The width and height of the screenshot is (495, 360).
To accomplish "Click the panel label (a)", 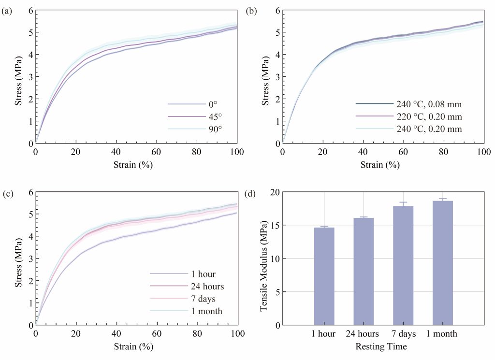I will point(7,12).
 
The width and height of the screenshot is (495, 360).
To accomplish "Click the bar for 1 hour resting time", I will point(324,276).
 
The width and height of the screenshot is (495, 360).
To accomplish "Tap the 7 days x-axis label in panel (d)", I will point(403,334).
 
